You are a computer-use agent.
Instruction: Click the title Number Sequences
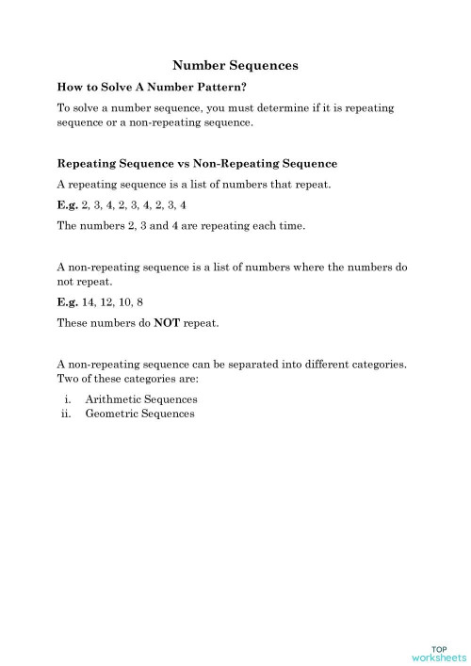tap(235, 66)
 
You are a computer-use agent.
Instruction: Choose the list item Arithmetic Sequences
tap(140, 399)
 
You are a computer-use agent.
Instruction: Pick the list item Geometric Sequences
tap(139, 414)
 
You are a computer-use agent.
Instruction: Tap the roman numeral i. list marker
tap(69, 399)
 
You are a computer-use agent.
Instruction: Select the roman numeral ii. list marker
tap(67, 414)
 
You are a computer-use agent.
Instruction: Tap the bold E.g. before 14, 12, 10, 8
tap(68, 303)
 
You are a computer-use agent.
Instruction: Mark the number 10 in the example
tap(126, 303)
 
